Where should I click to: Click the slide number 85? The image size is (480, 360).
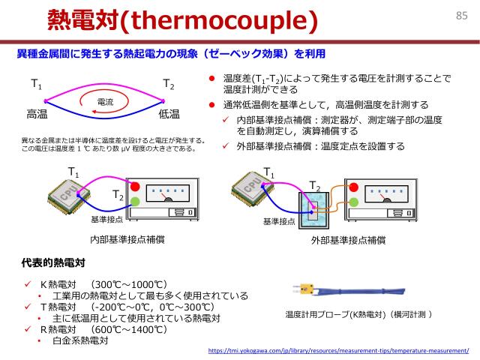461,15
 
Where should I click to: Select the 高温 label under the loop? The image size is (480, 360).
37,115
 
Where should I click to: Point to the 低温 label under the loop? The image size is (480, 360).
169,115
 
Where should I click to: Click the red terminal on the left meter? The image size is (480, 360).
135,187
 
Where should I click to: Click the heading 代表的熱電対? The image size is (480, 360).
53,264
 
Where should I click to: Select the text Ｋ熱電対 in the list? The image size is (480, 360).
59,284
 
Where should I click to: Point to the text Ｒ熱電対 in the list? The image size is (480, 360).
59,329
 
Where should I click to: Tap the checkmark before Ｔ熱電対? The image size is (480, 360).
27,307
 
